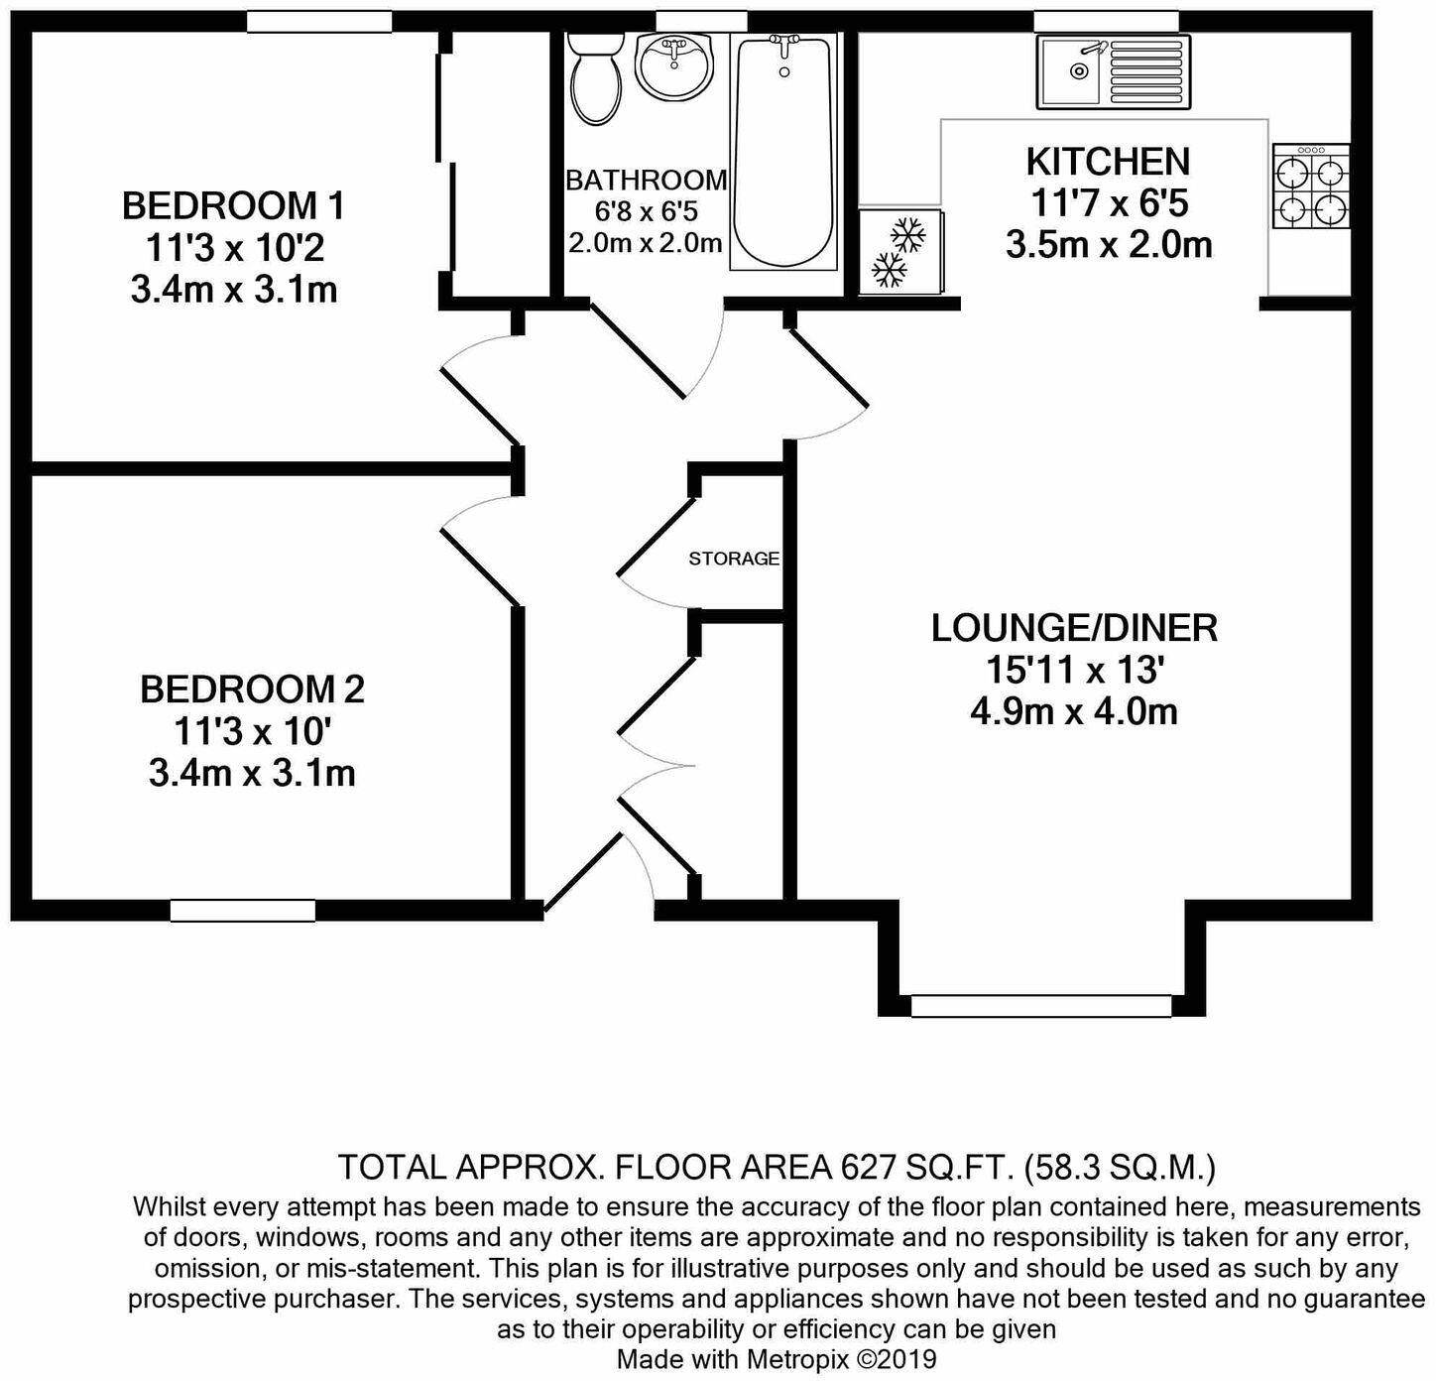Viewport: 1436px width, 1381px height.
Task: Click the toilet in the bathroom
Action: [596, 79]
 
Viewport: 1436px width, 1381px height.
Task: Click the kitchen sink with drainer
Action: [1113, 71]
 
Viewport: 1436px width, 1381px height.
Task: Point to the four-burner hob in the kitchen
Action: [1310, 187]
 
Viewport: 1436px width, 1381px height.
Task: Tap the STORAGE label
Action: [734, 559]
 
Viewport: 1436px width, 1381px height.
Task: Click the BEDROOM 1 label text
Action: [233, 206]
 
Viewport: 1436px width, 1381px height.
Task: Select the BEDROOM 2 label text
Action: [252, 689]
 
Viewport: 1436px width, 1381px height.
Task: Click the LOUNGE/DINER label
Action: [1074, 628]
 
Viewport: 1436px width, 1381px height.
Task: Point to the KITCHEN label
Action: [1107, 161]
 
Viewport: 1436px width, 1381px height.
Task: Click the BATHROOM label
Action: [646, 181]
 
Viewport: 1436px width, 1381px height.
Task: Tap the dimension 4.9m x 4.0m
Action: [1074, 712]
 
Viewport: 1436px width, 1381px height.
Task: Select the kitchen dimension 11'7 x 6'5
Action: [1109, 203]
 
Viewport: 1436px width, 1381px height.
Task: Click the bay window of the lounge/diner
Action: [1040, 1006]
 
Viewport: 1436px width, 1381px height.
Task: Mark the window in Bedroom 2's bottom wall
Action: [242, 910]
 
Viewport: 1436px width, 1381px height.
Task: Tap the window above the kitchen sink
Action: [1106, 21]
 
